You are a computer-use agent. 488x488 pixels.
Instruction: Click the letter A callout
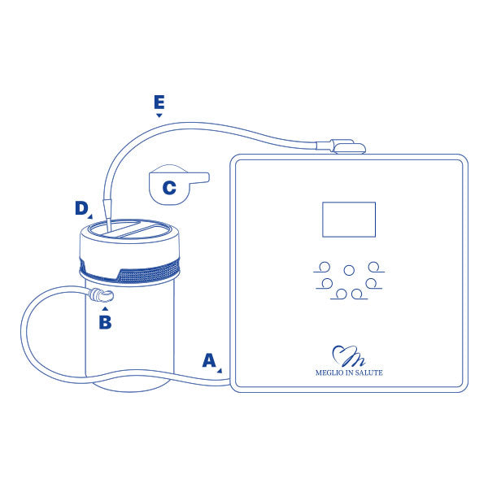[x=209, y=360]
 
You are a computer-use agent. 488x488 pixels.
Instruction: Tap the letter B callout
[x=105, y=322]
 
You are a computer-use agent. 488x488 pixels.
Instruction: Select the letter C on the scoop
[x=169, y=188]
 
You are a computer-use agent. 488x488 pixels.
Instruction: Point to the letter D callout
[x=81, y=208]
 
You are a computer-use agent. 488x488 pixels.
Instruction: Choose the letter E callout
[x=159, y=102]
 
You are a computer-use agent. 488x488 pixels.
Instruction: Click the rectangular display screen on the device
[x=349, y=220]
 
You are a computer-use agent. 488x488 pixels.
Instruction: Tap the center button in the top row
[x=349, y=270]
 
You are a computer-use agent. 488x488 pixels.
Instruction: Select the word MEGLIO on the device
[x=329, y=373]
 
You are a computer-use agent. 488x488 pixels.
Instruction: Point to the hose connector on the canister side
[x=101, y=295]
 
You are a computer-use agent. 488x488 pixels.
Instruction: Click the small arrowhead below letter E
[x=159, y=115]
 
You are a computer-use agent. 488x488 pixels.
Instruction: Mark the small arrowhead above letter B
[x=105, y=309]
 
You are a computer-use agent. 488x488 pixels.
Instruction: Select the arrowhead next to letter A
[x=220, y=370]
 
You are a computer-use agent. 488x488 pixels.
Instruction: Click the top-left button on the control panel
[x=325, y=267]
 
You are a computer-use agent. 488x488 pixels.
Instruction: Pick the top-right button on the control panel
[x=373, y=267]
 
